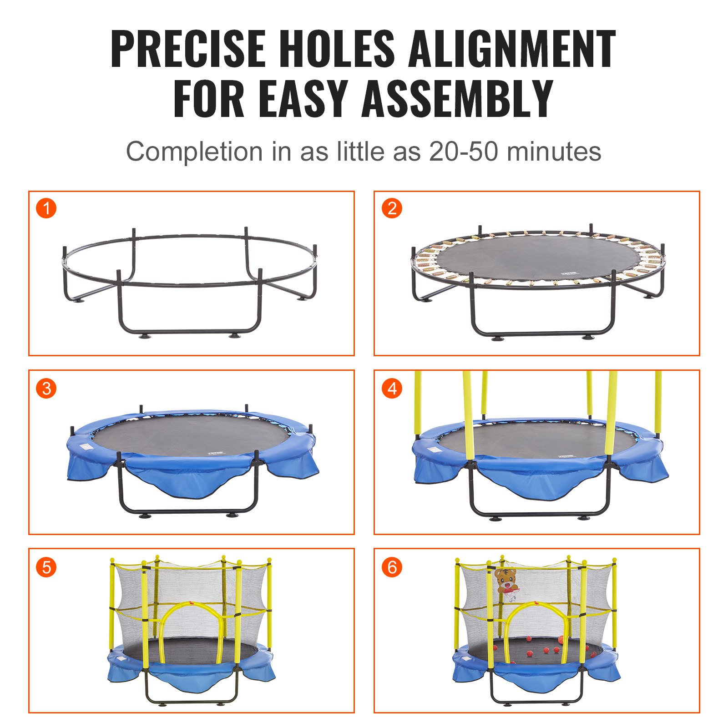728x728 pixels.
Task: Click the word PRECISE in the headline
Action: click(188, 49)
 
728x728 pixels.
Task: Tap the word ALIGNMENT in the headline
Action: click(512, 49)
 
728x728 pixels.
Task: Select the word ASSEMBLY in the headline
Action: click(458, 99)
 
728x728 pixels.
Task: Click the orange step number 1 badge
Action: click(46, 209)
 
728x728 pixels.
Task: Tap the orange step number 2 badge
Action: click(392, 209)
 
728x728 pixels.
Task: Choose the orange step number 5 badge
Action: click(46, 567)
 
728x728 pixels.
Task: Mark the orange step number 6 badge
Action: click(392, 567)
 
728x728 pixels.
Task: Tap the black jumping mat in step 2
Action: click(537, 258)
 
